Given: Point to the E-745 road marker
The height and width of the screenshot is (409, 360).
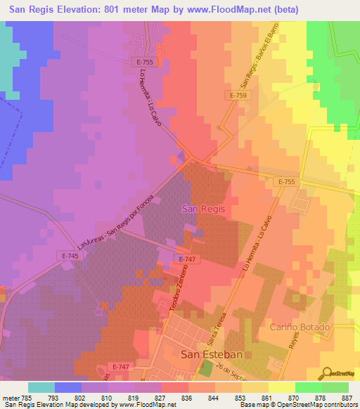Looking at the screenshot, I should pyautogui.click(x=71, y=256).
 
